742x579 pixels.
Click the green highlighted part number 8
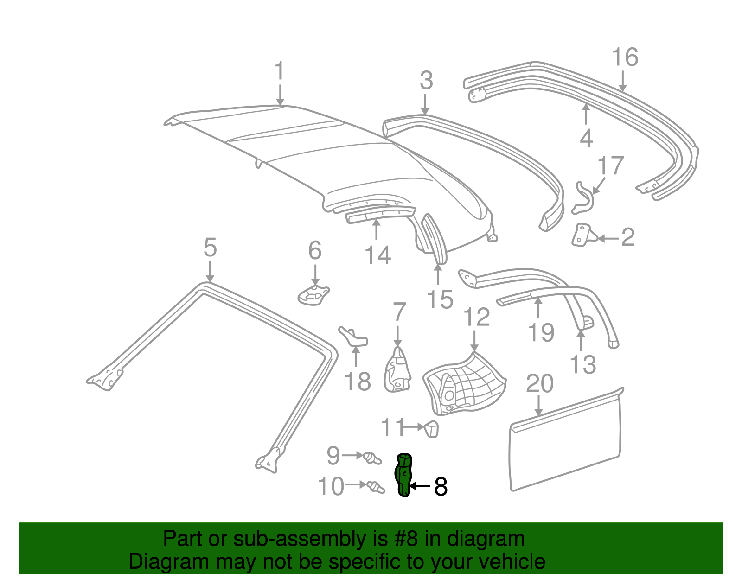[404, 475]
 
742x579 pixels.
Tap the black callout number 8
[441, 487]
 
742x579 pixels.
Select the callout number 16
[625, 57]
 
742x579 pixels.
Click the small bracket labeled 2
[583, 235]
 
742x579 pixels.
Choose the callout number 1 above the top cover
[279, 71]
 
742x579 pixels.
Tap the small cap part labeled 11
[431, 428]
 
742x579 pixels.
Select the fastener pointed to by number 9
[372, 458]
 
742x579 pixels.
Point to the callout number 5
[210, 248]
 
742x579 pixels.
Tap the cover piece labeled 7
[397, 371]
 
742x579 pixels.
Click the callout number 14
[377, 255]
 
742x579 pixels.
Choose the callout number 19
[541, 332]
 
